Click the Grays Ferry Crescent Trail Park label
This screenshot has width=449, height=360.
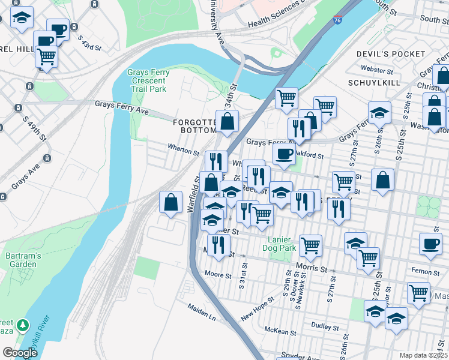(148, 81)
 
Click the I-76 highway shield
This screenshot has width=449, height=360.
(338, 20)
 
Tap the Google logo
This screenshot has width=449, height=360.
(20, 353)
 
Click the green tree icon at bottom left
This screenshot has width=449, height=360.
(23, 325)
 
